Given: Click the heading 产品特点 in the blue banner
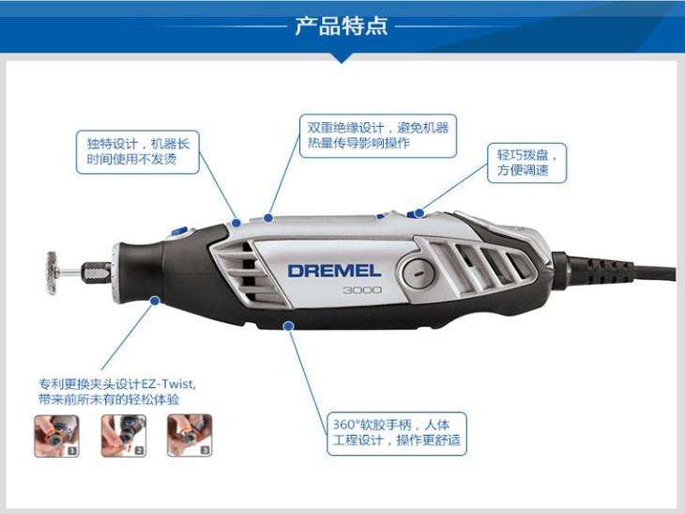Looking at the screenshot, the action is (x=342, y=25).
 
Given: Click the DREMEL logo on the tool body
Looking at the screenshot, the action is (x=334, y=271).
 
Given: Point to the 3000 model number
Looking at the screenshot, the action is (x=362, y=290).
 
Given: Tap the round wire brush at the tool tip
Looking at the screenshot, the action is (x=52, y=273).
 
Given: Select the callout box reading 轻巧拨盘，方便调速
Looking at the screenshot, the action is (x=526, y=163).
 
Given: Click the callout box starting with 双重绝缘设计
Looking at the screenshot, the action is (x=378, y=135).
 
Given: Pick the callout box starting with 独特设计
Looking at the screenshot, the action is (x=138, y=152).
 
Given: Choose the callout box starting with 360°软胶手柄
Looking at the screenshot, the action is (x=397, y=433).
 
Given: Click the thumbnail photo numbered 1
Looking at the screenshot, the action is (x=57, y=436).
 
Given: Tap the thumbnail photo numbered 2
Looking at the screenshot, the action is (x=124, y=436).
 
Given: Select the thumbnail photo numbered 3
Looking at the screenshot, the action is (x=190, y=436).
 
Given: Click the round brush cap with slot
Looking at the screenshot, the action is (x=419, y=273).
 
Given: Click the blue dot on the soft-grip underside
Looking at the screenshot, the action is (x=288, y=326).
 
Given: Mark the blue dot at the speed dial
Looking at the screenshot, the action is (x=419, y=213).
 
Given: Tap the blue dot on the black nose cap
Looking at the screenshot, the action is (x=154, y=301).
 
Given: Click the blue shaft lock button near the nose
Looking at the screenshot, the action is (x=178, y=231).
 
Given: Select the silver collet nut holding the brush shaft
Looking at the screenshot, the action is (x=96, y=273).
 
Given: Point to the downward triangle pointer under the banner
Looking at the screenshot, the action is (x=342, y=57).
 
